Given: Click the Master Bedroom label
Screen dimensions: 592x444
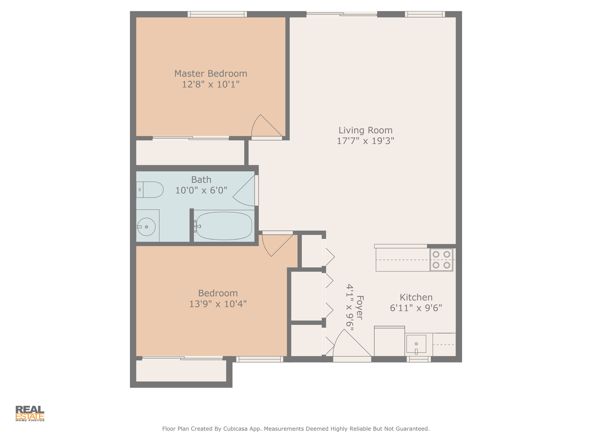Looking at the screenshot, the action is pyautogui.click(x=210, y=73).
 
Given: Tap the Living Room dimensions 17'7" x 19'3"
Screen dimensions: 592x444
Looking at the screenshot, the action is pyautogui.click(x=365, y=141).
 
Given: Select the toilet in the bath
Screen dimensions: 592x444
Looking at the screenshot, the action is pyautogui.click(x=150, y=190).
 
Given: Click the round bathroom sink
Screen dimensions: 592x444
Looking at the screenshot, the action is pyautogui.click(x=146, y=227).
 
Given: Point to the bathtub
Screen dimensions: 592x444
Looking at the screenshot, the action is pyautogui.click(x=224, y=226).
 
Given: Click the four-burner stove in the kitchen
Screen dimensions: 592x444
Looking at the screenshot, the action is pyautogui.click(x=441, y=259).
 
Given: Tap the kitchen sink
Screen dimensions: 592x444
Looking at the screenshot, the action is pyautogui.click(x=416, y=344).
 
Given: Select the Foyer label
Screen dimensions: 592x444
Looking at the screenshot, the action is pyautogui.click(x=360, y=308).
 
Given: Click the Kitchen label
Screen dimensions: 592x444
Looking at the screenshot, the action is pyautogui.click(x=416, y=297).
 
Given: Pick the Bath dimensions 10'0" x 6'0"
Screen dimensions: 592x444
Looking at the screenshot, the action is pyautogui.click(x=201, y=190).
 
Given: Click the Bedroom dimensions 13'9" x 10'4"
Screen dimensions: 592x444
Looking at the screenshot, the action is pyautogui.click(x=217, y=304).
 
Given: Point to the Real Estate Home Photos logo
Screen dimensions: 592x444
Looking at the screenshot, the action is pyautogui.click(x=30, y=413).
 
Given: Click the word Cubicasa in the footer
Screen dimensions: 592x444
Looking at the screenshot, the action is pyautogui.click(x=235, y=428).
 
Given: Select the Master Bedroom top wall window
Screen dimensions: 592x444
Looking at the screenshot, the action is pyautogui.click(x=217, y=14).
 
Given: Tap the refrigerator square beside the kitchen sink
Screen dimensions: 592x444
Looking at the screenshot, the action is pyautogui.click(x=389, y=341).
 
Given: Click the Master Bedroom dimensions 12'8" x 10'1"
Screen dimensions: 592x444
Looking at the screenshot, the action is pyautogui.click(x=210, y=84).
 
